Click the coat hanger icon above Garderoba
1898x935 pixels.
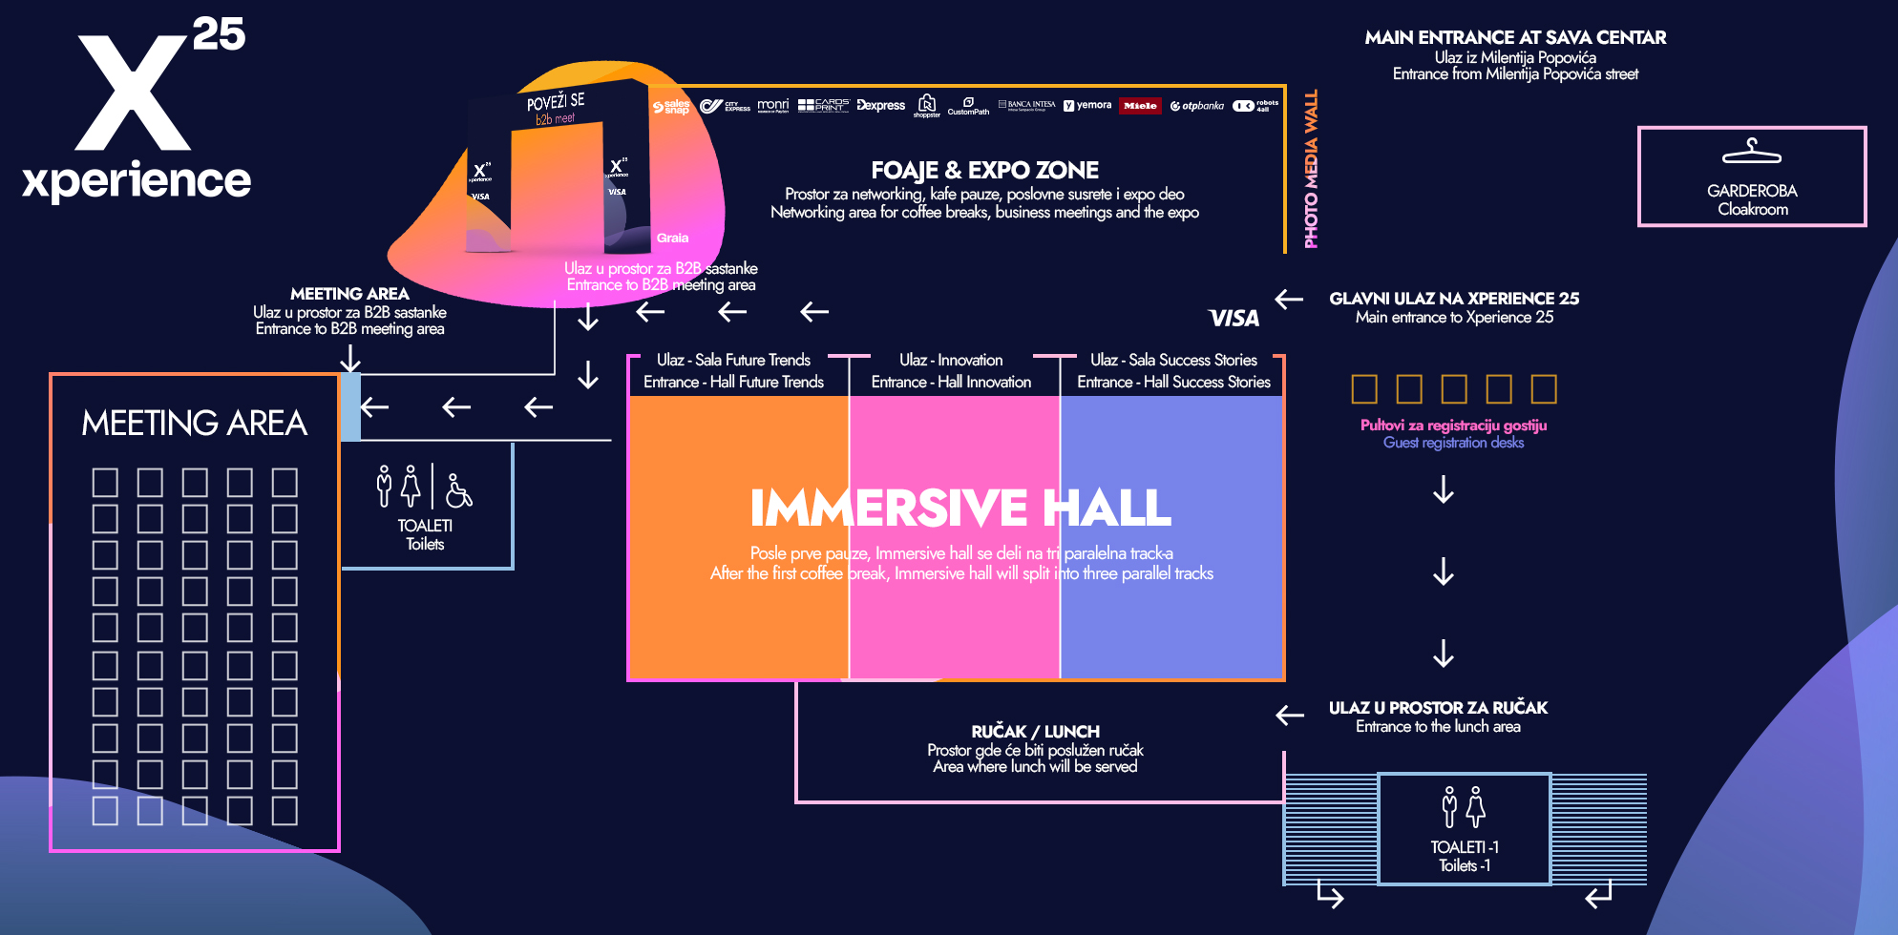point(1751,152)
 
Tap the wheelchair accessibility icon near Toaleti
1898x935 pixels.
point(458,490)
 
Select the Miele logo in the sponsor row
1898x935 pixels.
point(1140,106)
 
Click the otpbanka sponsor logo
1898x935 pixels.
point(1197,106)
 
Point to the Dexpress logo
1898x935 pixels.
point(880,105)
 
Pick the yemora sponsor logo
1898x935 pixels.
point(1087,105)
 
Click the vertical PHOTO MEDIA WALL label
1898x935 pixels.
point(1311,169)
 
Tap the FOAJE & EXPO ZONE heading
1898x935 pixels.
point(984,170)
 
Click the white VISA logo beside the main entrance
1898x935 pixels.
point(1234,318)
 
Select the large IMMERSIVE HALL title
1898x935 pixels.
point(960,508)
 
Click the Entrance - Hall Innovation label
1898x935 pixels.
point(951,382)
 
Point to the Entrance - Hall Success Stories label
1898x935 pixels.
point(1173,382)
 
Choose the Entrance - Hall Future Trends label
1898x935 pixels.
point(733,382)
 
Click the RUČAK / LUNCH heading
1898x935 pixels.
point(1035,731)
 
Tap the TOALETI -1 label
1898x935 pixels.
point(1465,847)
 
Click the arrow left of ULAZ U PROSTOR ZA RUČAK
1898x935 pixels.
point(1289,715)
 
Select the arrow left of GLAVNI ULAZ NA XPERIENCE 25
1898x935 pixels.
point(1289,299)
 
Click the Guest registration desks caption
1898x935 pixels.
point(1453,443)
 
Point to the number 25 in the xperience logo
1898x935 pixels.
point(219,34)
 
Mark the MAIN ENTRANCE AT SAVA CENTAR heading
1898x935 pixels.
point(1515,37)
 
